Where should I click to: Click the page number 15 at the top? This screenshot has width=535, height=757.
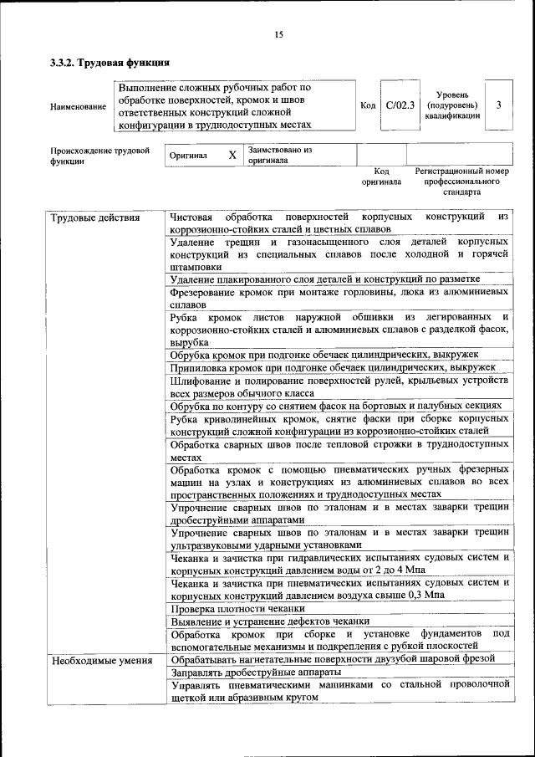coord(279,34)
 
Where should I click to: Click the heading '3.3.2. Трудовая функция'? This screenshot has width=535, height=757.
coord(110,62)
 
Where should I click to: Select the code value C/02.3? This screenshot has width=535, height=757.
coord(400,105)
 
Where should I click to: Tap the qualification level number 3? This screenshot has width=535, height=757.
coord(498,105)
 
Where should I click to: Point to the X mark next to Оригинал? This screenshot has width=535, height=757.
coord(232,156)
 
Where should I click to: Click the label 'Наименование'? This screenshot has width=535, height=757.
coord(78,106)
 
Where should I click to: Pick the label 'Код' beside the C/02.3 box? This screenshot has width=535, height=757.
coord(368,105)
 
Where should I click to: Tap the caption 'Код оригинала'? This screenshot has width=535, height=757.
coord(381,176)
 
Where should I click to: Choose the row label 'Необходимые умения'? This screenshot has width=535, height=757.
coord(101,661)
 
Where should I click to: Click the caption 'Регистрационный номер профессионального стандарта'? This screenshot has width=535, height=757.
coord(461,181)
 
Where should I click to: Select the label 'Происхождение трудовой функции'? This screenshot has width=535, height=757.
coord(99,156)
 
